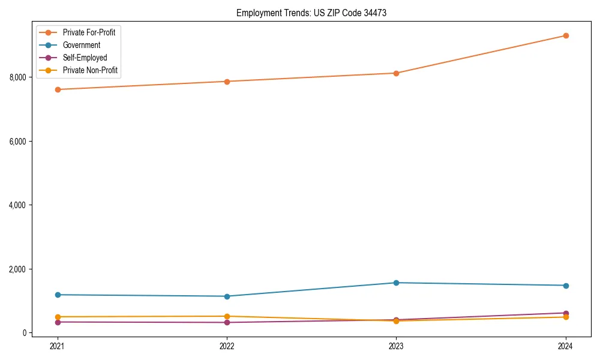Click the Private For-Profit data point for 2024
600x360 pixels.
[565, 35]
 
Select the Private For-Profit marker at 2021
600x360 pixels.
[58, 89]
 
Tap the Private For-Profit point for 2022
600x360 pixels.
[227, 82]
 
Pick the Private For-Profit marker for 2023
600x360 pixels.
[396, 73]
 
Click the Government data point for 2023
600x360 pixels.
[396, 283]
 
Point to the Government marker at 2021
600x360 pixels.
[58, 295]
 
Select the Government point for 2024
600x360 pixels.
[565, 286]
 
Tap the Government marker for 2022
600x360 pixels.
[227, 296]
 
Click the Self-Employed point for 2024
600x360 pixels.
[565, 313]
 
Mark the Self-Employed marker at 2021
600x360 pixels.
[58, 322]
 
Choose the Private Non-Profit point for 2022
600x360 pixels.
[227, 316]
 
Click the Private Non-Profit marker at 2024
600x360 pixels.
[565, 317]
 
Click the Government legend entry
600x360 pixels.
[81, 45]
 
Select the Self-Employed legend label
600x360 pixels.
[85, 58]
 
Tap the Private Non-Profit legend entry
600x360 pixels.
[90, 70]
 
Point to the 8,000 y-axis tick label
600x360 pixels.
[18, 77]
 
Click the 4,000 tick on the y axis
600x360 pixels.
[18, 205]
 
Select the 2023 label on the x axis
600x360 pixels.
[396, 346]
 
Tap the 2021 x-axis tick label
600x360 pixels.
[58, 346]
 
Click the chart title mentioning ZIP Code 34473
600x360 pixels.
[311, 13]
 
